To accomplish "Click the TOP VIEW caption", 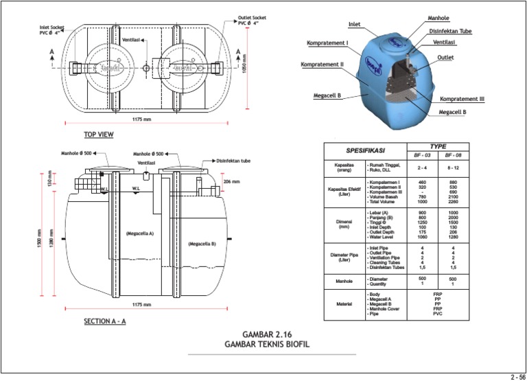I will tap(98, 135).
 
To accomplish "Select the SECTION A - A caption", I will tap(104, 321).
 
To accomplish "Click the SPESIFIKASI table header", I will tap(365, 150).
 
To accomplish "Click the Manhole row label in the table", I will tap(344, 281).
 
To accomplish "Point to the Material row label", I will tap(344, 305).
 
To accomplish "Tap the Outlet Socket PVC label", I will tap(252, 20).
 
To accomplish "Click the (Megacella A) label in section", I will tap(139, 234).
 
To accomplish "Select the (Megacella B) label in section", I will tap(202, 244).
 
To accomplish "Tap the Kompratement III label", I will tap(462, 99).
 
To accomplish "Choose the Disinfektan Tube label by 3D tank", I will tap(450, 31).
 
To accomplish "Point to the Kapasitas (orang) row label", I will tap(344, 168).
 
